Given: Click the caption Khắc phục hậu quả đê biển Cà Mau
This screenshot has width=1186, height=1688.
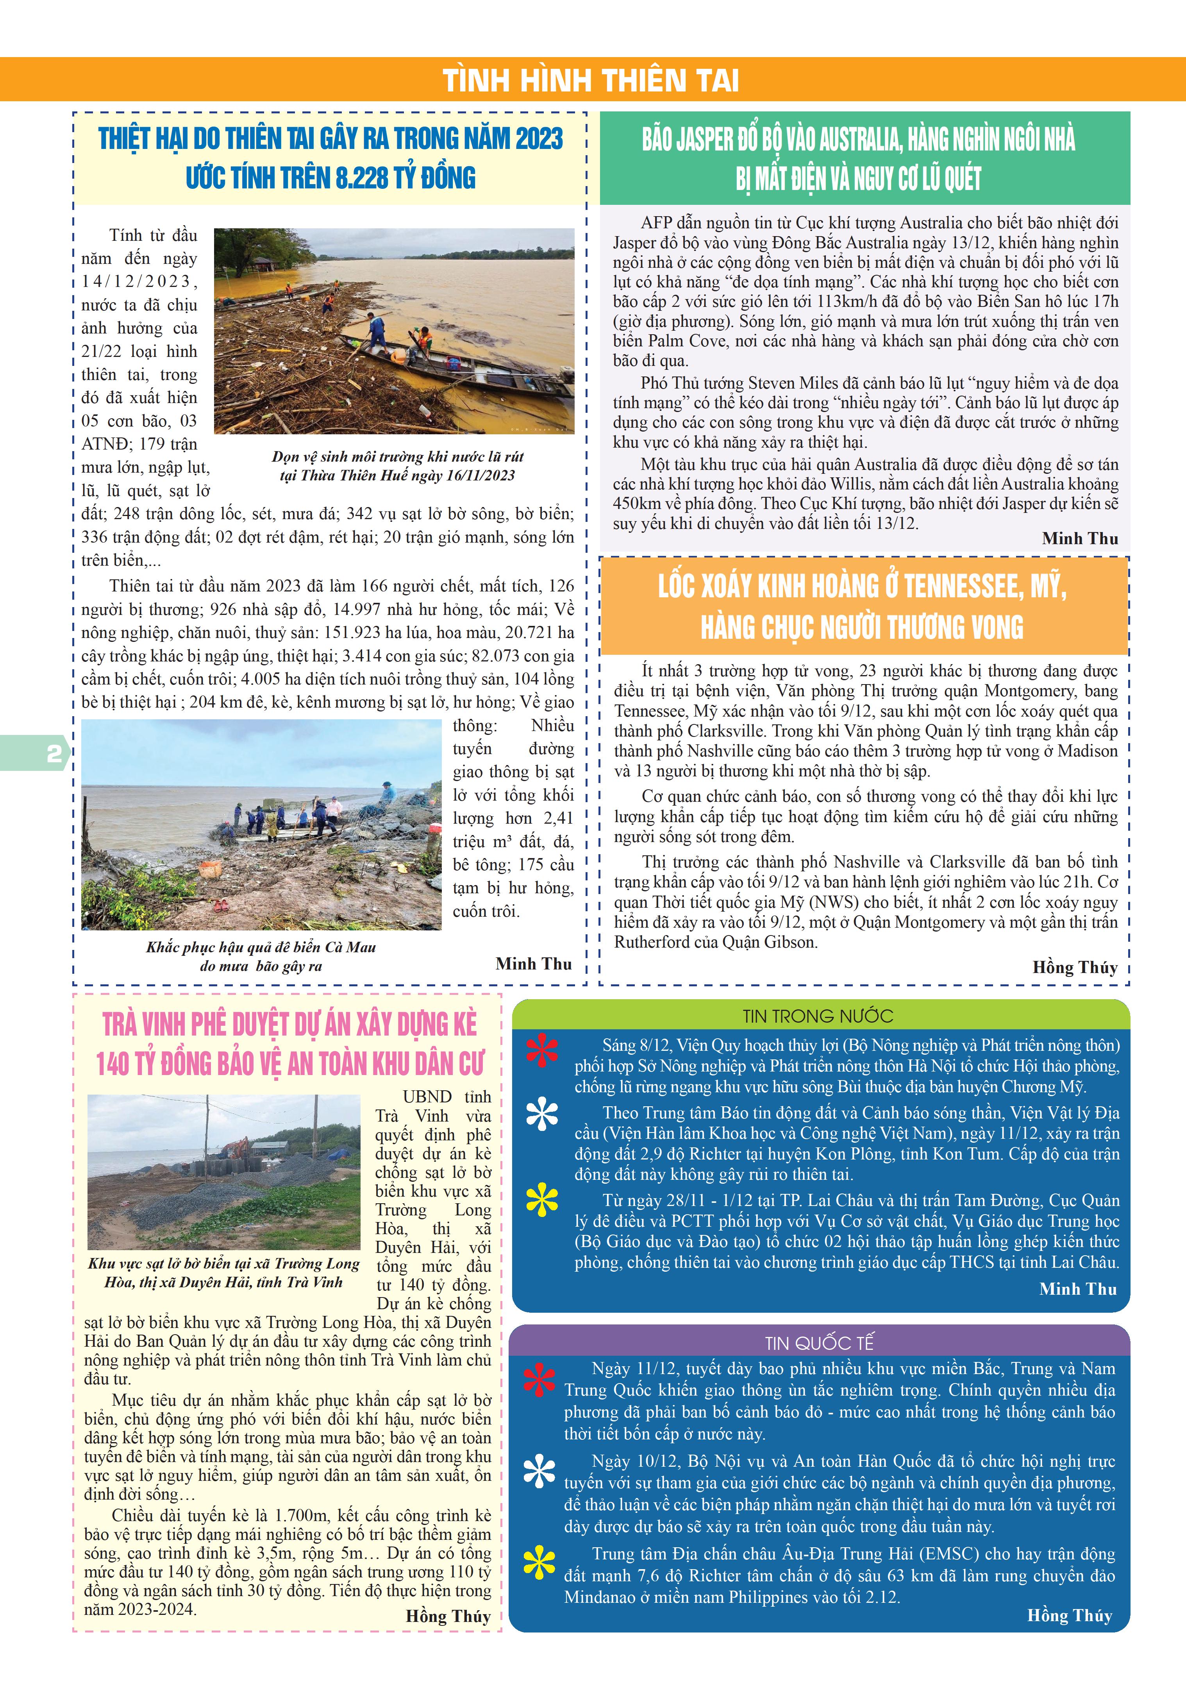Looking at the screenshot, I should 261,947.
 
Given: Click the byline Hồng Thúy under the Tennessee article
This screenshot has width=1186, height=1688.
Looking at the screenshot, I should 1074,968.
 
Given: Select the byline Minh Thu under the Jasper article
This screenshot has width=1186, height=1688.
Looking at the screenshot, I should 1079,538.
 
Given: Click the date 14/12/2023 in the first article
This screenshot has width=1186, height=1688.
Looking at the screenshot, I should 139,281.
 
